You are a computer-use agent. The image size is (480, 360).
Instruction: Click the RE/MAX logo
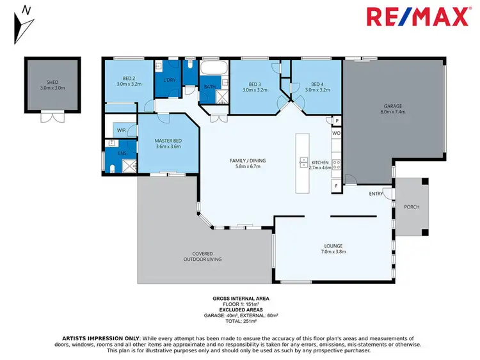pyautogui.click(x=417, y=17)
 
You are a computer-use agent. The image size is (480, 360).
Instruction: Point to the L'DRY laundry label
pyautogui.click(x=169, y=80)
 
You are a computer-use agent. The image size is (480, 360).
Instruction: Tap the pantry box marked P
pyautogui.click(x=337, y=121)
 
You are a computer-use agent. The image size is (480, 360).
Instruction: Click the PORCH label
pyautogui.click(x=412, y=207)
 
